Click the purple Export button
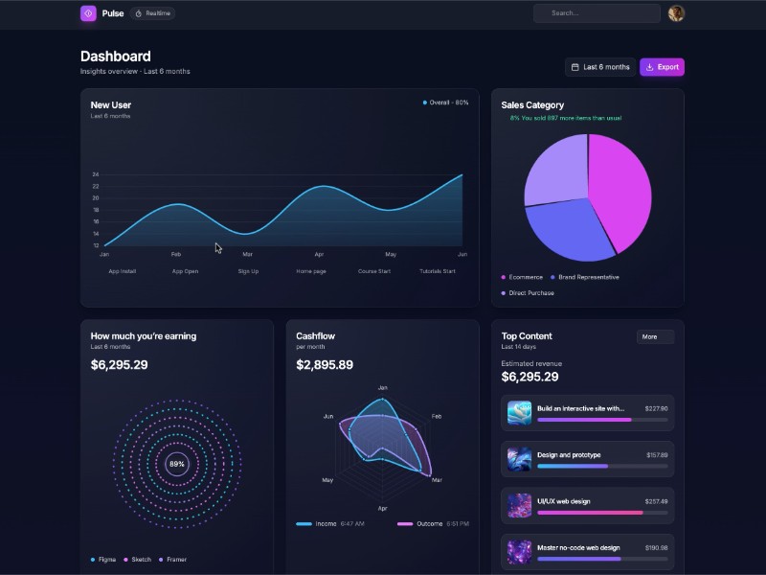(662, 67)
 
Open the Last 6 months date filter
(600, 67)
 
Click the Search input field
(597, 13)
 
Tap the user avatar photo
(676, 13)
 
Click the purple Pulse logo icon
(88, 13)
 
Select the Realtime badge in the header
(153, 13)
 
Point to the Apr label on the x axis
(319, 255)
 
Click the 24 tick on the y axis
(96, 174)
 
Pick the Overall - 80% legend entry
(446, 103)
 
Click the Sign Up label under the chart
(248, 271)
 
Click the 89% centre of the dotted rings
(177, 464)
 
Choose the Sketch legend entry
(140, 560)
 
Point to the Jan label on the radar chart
(382, 388)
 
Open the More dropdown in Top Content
(655, 336)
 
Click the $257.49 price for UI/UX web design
(656, 501)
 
